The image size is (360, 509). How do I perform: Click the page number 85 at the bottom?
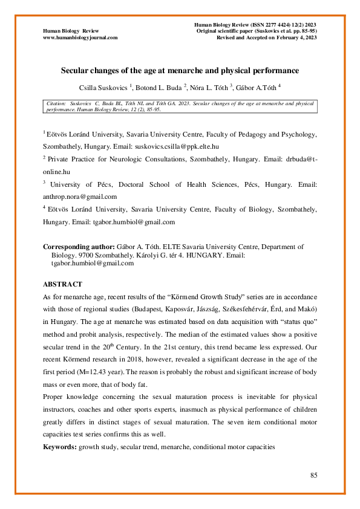click(314, 475)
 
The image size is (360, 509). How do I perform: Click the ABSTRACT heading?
click(62, 284)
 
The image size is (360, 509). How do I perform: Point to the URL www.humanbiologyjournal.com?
click(80, 37)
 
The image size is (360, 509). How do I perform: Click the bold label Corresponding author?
click(78, 247)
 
